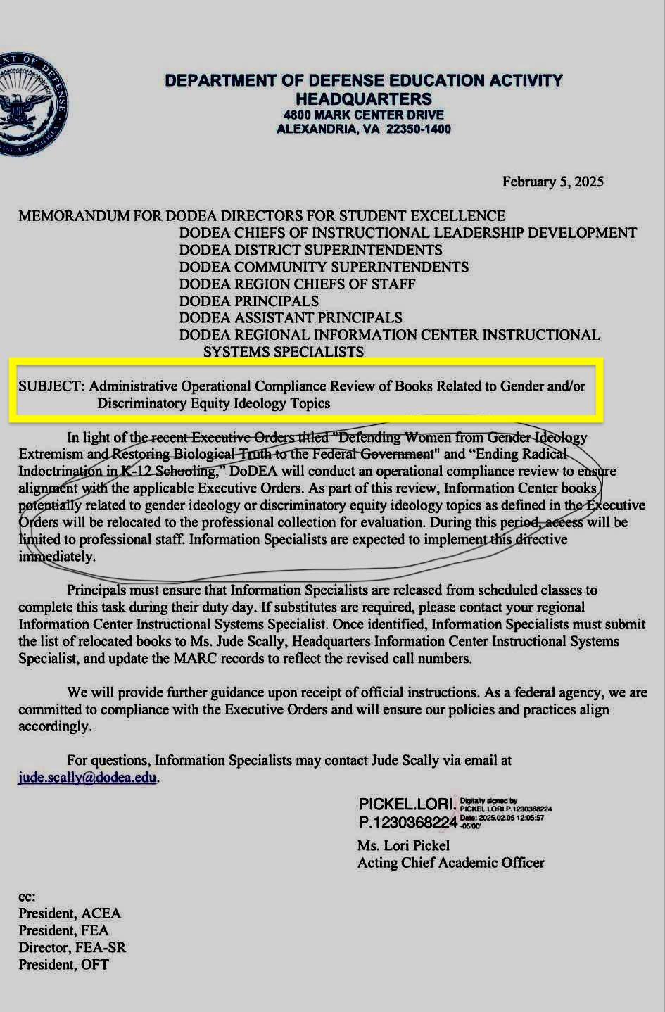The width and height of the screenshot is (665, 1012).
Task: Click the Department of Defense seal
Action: [32, 104]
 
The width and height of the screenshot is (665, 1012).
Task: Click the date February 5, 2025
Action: [552, 182]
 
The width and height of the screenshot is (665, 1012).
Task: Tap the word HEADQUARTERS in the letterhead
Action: [363, 99]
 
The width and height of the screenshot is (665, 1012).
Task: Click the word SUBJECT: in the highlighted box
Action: [51, 386]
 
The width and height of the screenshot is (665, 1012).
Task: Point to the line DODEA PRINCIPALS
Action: [248, 301]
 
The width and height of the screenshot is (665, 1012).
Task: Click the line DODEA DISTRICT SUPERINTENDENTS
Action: [310, 250]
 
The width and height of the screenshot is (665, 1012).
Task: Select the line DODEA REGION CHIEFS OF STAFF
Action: [297, 284]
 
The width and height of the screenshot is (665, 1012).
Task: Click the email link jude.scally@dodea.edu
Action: [87, 778]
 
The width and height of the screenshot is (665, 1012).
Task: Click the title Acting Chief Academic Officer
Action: [450, 863]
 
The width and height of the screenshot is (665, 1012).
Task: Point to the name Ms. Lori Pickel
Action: [403, 845]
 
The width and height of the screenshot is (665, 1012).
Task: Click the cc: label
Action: [27, 897]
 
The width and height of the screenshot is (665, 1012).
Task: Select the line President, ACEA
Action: [70, 913]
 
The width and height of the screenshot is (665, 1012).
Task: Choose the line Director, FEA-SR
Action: [72, 947]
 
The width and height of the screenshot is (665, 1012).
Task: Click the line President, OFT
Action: [63, 964]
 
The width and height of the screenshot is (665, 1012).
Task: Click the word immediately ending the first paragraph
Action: [56, 556]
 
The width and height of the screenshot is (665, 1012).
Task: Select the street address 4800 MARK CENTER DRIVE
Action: [363, 115]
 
